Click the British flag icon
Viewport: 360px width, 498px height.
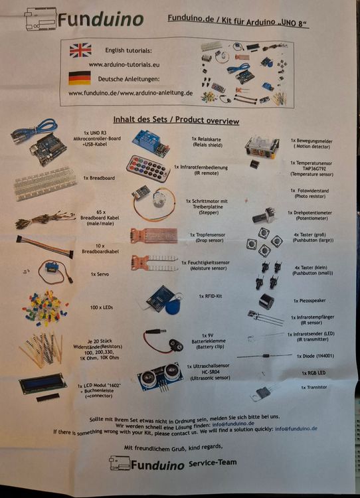coord(80,50)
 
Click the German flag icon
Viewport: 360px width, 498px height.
coord(80,78)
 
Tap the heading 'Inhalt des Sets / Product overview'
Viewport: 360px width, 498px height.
coord(176,121)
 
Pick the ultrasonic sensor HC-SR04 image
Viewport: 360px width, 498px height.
coord(160,375)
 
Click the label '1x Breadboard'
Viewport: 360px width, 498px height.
coord(99,178)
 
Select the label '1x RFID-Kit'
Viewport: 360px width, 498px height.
coord(211,296)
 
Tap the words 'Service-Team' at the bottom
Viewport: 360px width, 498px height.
coord(213,462)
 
